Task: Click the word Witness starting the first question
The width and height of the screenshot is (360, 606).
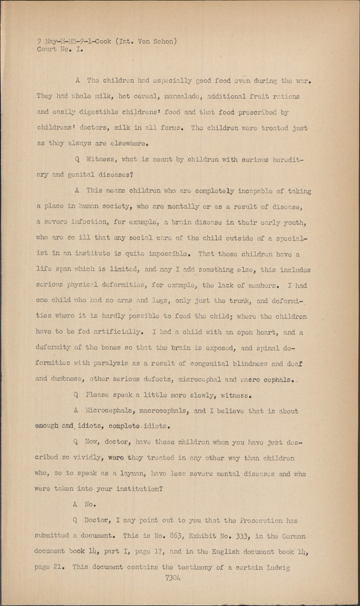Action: [98, 159]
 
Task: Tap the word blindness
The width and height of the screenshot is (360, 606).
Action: [250, 364]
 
